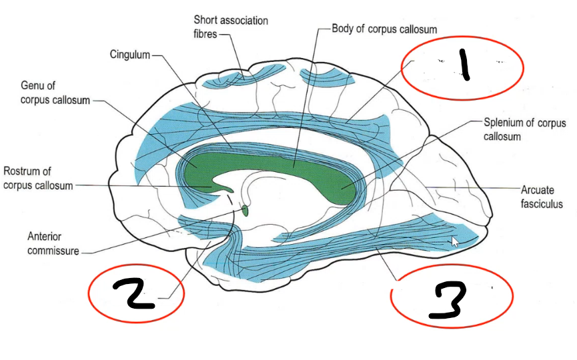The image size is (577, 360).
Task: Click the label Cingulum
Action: point(130,54)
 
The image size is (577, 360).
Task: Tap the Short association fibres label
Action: point(231,27)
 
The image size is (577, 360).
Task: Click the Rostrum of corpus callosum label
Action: point(38,177)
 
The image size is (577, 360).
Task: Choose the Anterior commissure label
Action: point(53,243)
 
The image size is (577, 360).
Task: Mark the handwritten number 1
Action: point(464,67)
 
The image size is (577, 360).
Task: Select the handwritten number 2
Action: point(134,295)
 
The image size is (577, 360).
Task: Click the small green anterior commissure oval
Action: point(244,211)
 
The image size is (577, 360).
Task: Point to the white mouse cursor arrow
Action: point(456,241)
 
